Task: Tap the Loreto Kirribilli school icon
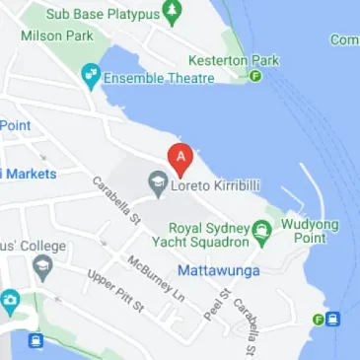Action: click(156, 182)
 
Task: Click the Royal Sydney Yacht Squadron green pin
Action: click(261, 233)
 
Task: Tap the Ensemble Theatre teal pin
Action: click(92, 76)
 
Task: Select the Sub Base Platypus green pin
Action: click(174, 13)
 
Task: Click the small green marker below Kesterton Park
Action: click(255, 76)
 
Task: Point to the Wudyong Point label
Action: click(310, 231)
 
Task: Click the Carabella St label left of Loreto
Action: click(115, 201)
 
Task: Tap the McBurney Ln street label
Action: click(155, 278)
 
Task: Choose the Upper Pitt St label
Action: click(115, 291)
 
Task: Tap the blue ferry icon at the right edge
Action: click(333, 319)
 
